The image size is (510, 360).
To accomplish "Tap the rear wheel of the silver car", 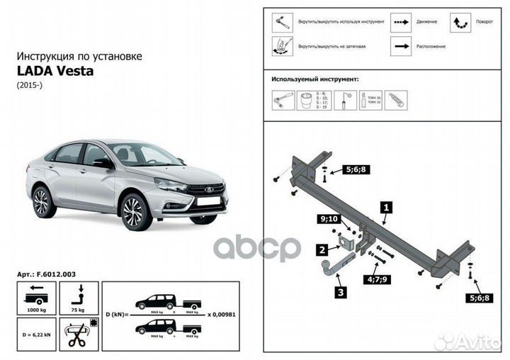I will pos(42,202).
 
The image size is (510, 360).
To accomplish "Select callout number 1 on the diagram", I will pos(386,208).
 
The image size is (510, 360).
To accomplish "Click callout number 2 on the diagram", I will pos(322,249).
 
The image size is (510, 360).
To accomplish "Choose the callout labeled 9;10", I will pos(329,220).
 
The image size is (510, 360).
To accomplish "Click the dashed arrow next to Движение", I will pos(399,22).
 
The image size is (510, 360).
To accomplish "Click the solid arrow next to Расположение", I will pos(399,46).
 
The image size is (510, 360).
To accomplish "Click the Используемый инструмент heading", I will pos(314,81).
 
